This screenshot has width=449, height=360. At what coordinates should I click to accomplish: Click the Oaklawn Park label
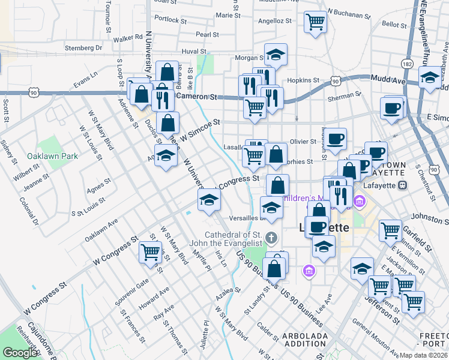tap(52, 156)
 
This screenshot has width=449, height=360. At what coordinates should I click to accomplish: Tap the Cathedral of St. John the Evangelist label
tap(234, 238)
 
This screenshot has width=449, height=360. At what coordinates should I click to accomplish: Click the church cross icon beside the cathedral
tap(271, 238)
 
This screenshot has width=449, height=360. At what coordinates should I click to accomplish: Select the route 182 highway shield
tap(408, 64)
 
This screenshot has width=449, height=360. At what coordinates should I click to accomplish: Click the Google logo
tap(20, 353)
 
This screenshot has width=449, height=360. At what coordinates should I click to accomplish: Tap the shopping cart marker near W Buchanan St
tap(315, 23)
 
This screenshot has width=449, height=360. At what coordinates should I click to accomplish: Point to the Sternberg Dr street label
tap(84, 47)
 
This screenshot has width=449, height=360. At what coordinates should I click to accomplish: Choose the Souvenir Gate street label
tap(134, 291)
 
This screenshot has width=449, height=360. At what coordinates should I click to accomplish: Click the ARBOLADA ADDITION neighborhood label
tap(297, 339)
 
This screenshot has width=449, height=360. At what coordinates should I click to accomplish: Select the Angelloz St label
tap(274, 20)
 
